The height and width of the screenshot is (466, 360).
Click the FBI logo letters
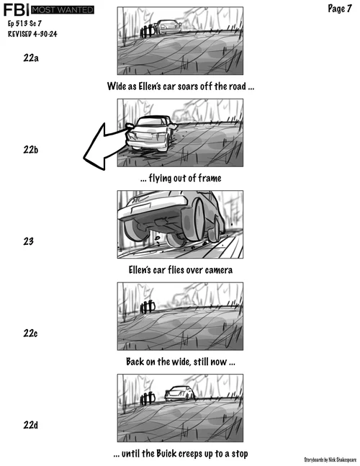[x=16, y=10]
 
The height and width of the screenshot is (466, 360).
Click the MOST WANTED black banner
[x=63, y=10]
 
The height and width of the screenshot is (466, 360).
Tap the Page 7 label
[x=340, y=9]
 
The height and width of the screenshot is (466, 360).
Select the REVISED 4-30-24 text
[x=32, y=34]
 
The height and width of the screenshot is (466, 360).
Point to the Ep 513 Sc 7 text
[x=24, y=23]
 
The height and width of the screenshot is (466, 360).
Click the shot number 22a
[x=31, y=58]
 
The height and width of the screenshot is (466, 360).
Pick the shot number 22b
[x=31, y=150]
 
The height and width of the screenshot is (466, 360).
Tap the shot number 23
[x=29, y=241]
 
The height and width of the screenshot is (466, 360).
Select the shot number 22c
[x=30, y=333]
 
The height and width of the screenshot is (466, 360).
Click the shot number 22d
[x=31, y=425]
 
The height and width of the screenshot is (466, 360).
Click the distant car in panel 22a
[x=168, y=27]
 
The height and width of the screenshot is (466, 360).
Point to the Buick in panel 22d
[x=180, y=393]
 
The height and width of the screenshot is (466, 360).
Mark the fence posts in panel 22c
[x=148, y=307]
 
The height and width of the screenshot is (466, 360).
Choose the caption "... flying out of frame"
[x=181, y=178]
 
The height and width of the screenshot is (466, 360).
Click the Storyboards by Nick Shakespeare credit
[x=330, y=460]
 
